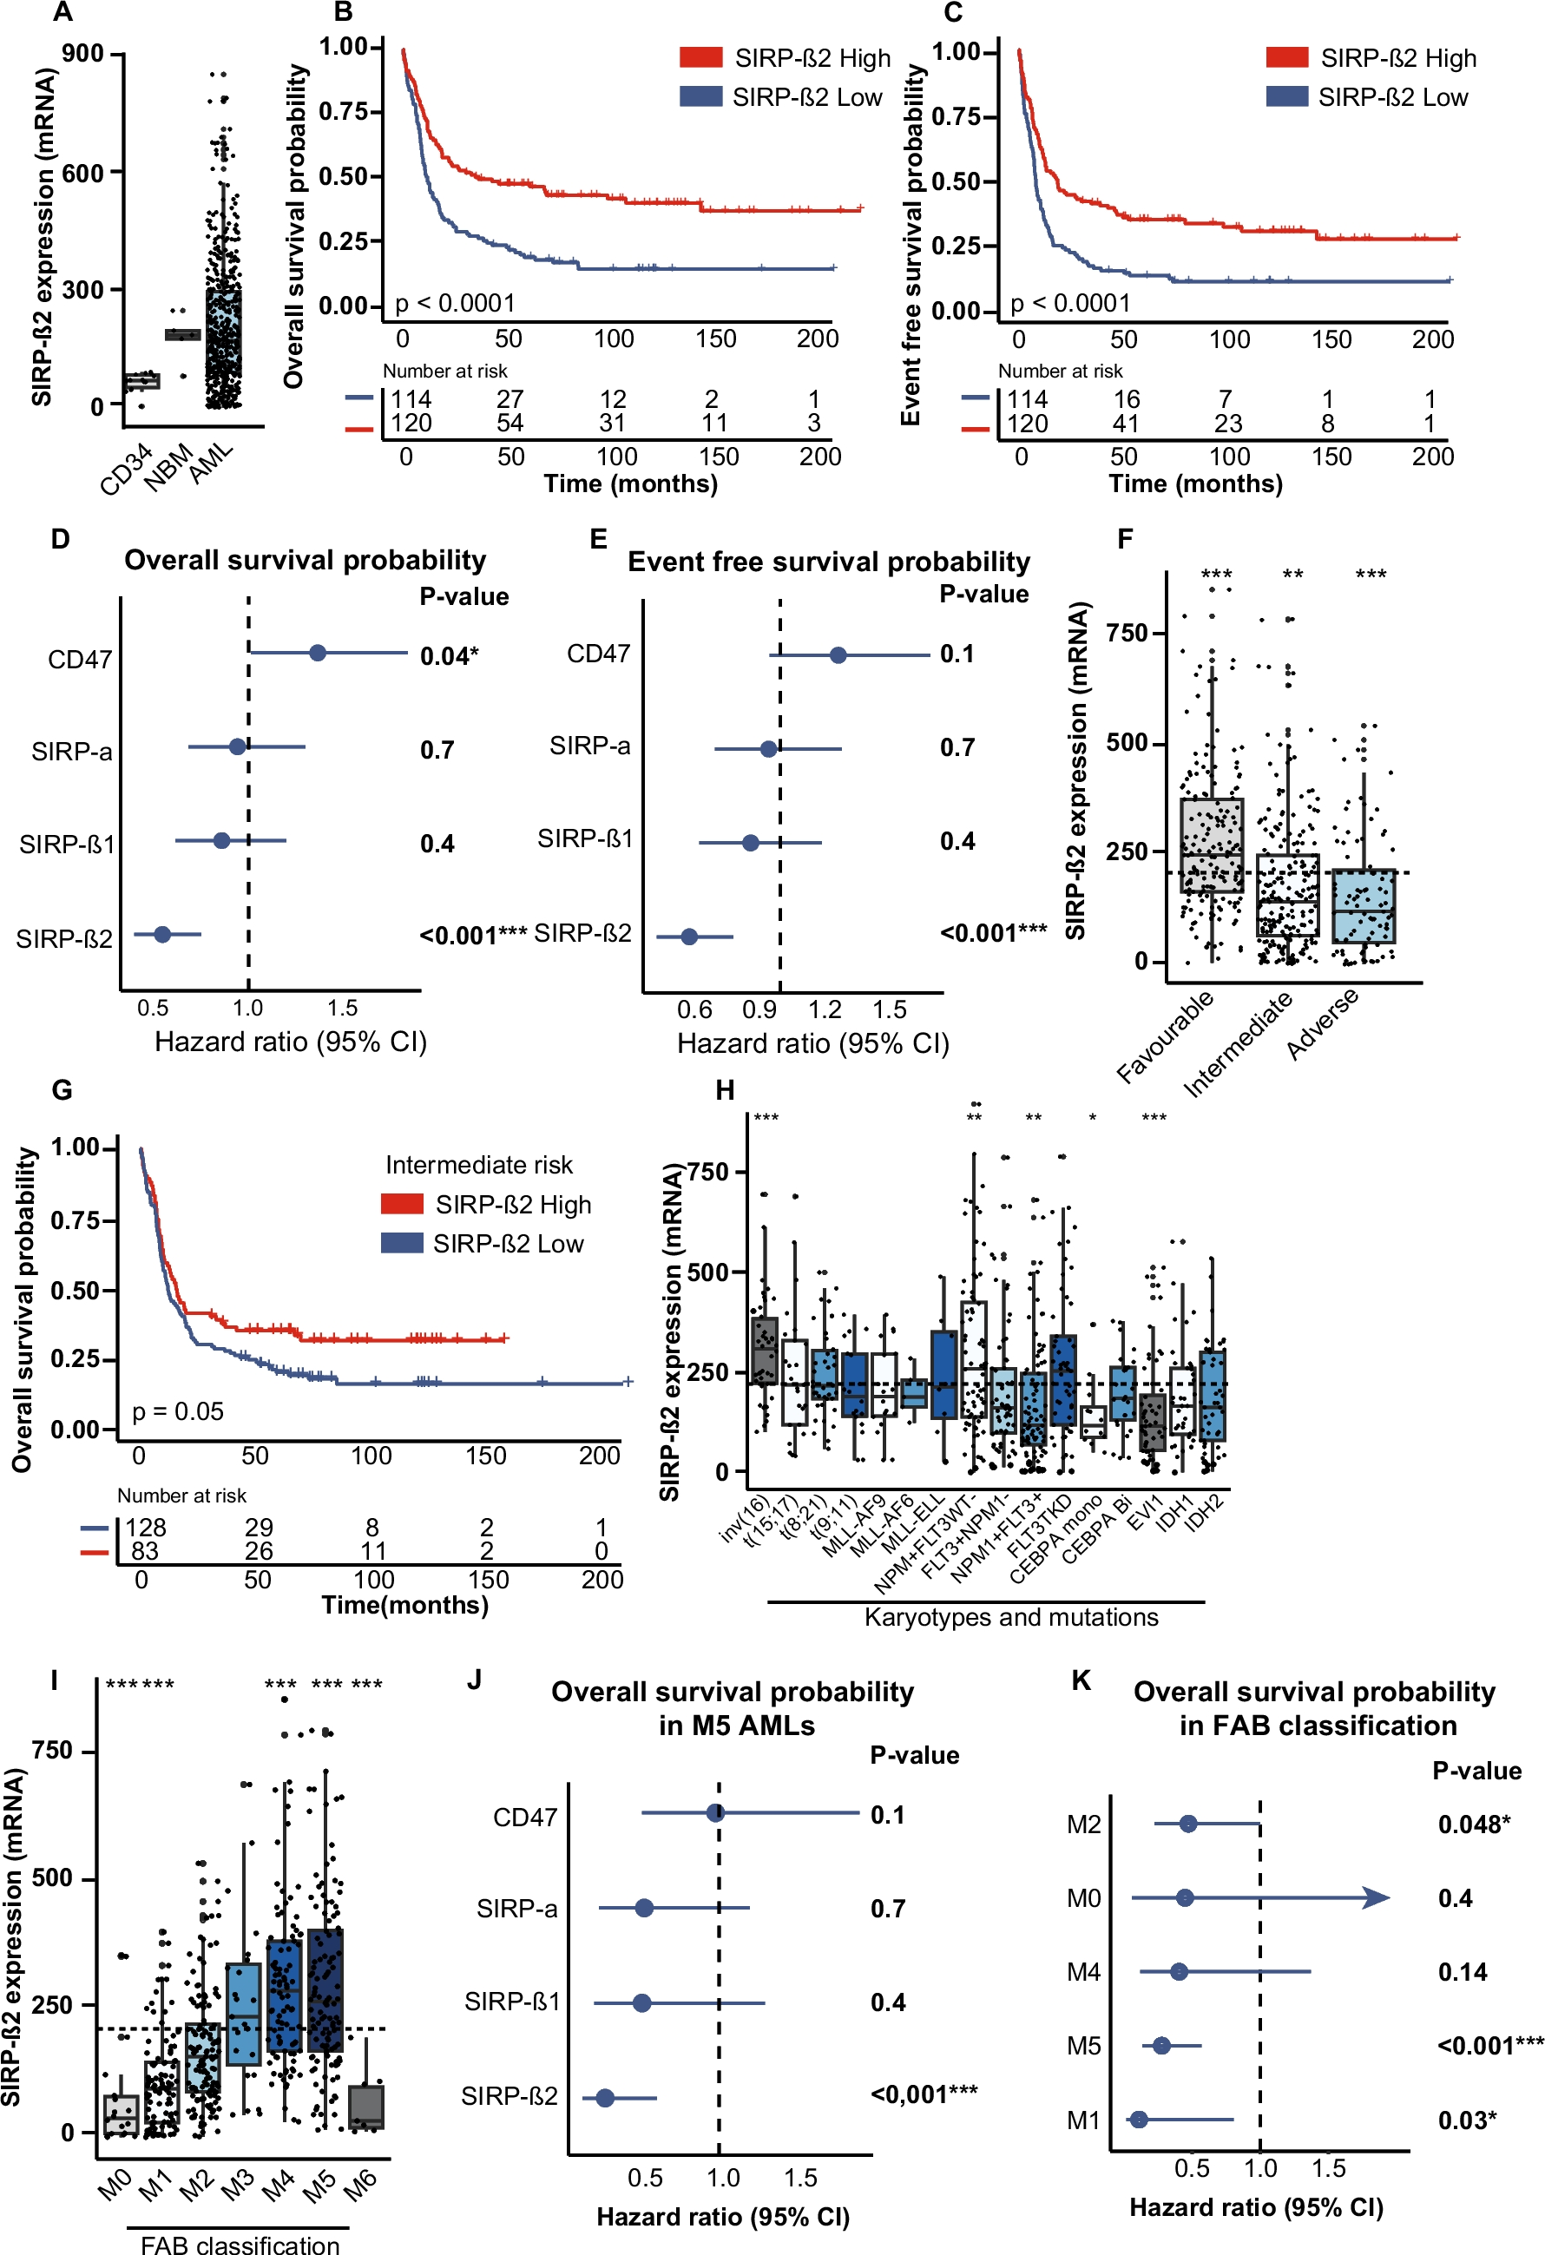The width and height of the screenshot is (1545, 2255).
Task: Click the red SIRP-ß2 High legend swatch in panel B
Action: [700, 57]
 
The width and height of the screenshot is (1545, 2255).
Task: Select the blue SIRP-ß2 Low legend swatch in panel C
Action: [1287, 96]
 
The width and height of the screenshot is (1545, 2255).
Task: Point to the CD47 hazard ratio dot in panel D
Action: [318, 653]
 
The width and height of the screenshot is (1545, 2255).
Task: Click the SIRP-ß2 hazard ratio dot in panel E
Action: [689, 937]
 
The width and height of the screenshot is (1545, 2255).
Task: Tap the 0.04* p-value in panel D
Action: [449, 657]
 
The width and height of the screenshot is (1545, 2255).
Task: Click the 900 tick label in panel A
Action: [82, 53]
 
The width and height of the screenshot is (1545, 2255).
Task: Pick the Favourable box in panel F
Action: [1211, 845]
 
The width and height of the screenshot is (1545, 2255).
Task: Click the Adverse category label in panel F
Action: [1322, 1025]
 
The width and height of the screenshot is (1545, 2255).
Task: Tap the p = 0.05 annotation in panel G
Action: [178, 1410]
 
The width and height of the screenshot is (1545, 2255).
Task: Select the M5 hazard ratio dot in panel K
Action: [1161, 2046]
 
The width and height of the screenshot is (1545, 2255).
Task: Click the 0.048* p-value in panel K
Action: [1473, 1824]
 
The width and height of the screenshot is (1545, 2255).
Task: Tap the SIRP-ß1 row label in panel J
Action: [511, 2002]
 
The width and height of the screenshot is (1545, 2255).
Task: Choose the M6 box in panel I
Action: [366, 2107]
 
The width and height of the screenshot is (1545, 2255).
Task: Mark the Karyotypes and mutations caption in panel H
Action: [1010, 1618]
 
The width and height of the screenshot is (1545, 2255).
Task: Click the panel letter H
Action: [724, 1089]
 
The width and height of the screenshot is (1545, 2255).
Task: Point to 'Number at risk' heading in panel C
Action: [1060, 371]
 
